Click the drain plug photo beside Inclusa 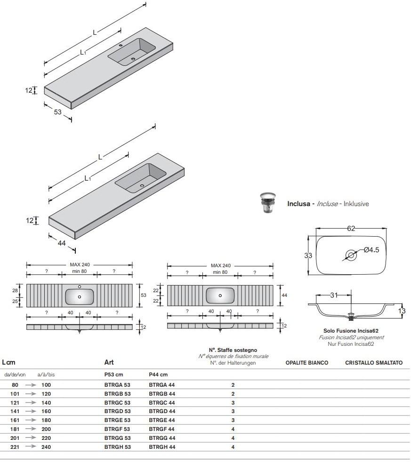268,203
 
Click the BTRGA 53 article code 117,385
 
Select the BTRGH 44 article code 162,447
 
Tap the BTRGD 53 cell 117,411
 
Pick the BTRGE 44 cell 162,420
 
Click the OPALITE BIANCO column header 306,363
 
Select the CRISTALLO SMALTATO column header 374,363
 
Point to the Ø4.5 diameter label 371,250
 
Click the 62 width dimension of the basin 351,229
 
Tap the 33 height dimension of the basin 308,255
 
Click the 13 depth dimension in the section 402,311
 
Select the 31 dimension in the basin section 334,295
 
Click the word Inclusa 298,204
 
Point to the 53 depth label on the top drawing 57,112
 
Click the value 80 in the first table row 15,385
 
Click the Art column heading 109,363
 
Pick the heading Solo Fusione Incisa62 351,331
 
